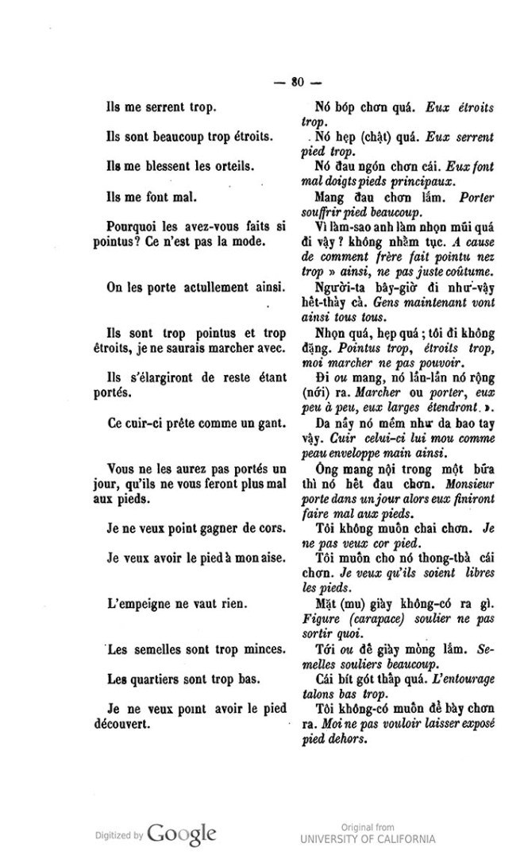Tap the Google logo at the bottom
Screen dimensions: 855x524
pyautogui.click(x=182, y=834)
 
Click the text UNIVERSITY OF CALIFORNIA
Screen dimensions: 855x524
pyautogui.click(x=368, y=839)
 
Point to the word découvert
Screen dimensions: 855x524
pyautogui.click(x=132, y=725)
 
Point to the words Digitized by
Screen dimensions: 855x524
pyautogui.click(x=116, y=836)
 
